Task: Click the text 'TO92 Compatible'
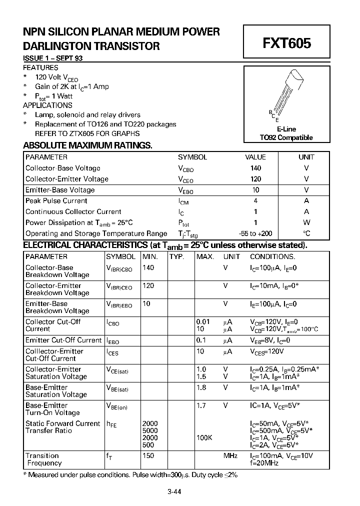tap(286, 137)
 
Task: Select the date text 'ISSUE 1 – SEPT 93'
tap(53, 58)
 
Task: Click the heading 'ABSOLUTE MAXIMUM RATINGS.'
tap(87, 145)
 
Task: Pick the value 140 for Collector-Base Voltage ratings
tap(255, 168)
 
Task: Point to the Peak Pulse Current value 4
tap(255, 201)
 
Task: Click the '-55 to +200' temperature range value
tap(255, 233)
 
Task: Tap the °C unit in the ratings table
tap(306, 233)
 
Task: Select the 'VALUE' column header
tap(255, 157)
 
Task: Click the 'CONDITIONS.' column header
tap(272, 256)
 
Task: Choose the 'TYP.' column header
tap(176, 256)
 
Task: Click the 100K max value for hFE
tap(204, 437)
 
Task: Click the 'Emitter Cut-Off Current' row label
tap(63, 340)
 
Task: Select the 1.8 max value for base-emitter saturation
tap(201, 387)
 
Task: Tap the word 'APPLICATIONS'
tap(47, 105)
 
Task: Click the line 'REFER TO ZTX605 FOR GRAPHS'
tap(87, 133)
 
